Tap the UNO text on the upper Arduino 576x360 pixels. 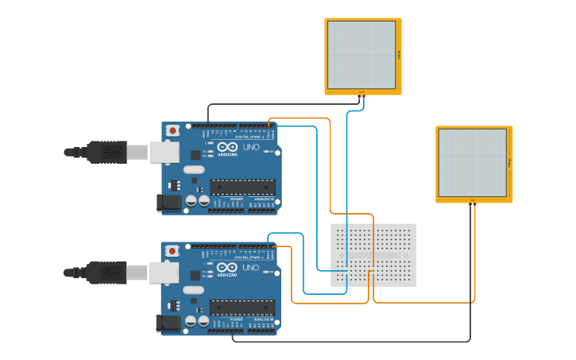click(250, 147)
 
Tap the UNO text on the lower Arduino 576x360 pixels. click(250, 268)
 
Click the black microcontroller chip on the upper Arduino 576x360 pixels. click(243, 187)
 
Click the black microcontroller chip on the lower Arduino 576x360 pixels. click(243, 307)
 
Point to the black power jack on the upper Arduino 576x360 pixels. click(168, 203)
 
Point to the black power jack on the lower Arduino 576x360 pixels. click(168, 323)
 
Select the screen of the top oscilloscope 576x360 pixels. click(361, 55)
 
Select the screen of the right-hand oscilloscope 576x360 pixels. click(473, 163)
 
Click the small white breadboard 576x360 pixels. click(373, 254)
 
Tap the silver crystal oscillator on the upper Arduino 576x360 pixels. click(194, 169)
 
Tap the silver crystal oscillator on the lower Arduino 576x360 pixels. click(194, 290)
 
